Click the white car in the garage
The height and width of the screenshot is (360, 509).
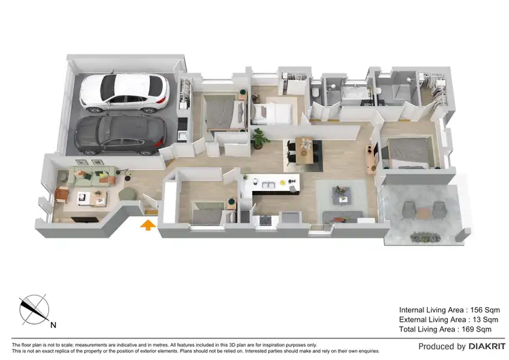point(124,92)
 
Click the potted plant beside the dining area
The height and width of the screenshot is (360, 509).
point(259,138)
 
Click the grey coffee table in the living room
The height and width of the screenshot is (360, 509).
point(341,195)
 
